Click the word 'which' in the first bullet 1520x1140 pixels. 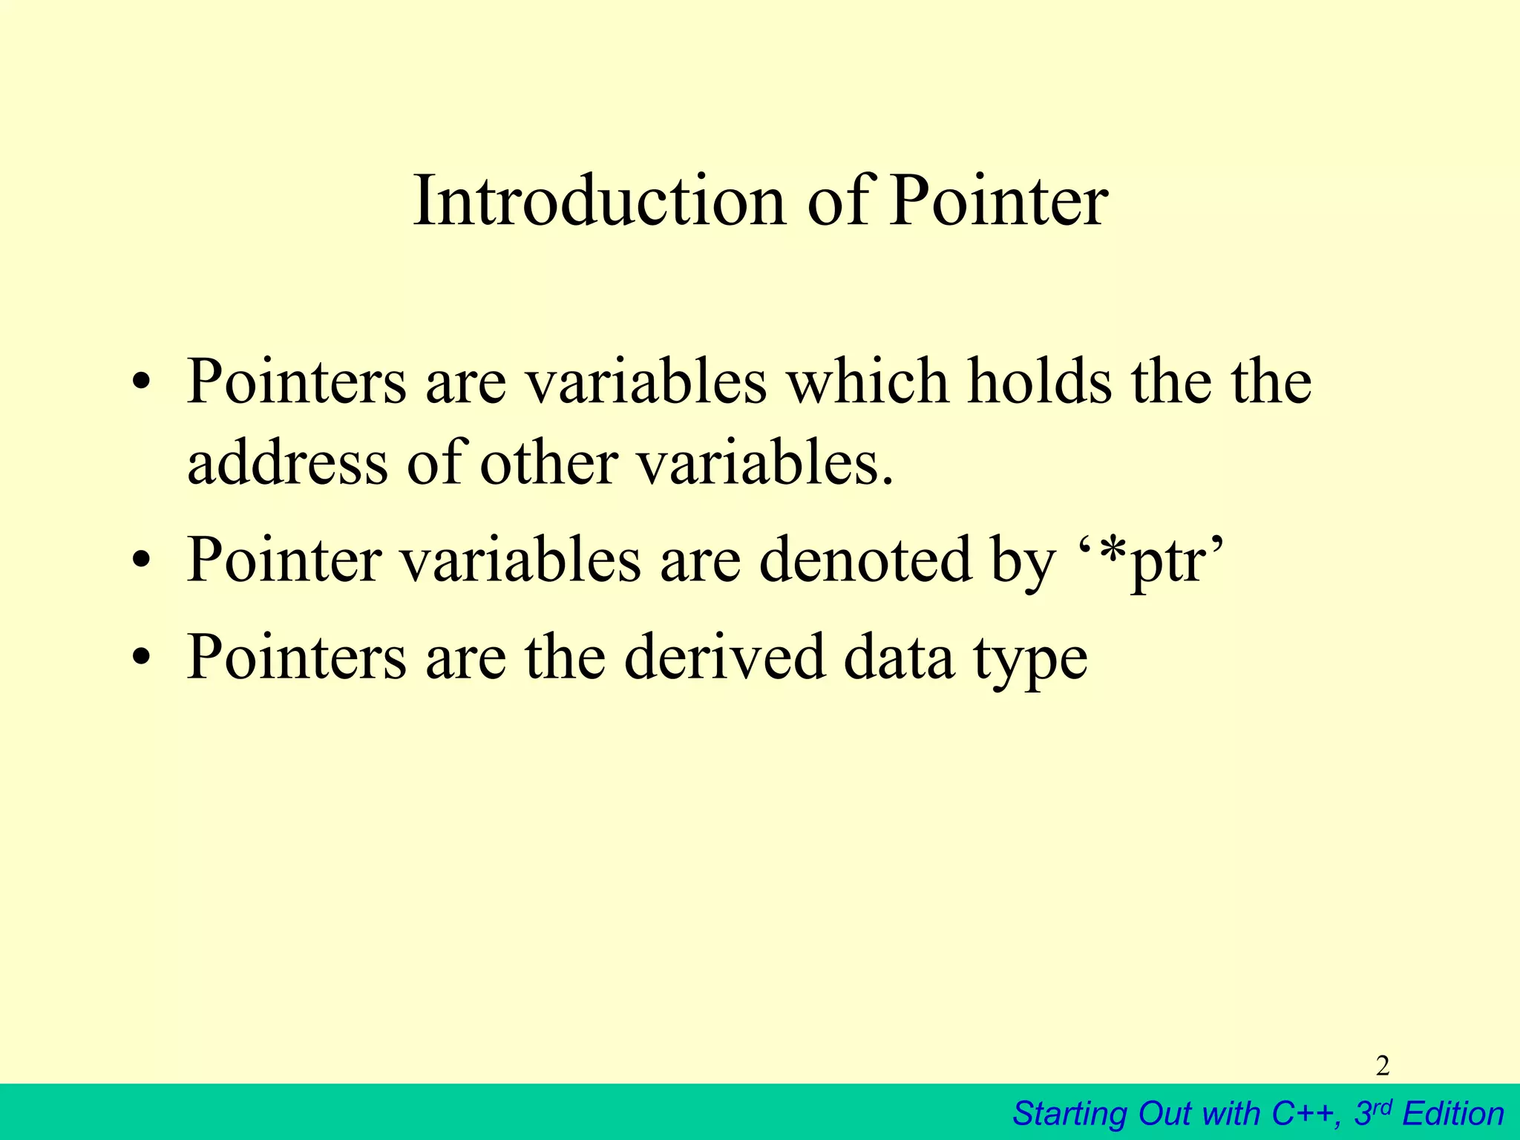(868, 382)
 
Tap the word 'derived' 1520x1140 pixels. (724, 656)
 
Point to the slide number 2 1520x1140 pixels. (1382, 1066)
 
